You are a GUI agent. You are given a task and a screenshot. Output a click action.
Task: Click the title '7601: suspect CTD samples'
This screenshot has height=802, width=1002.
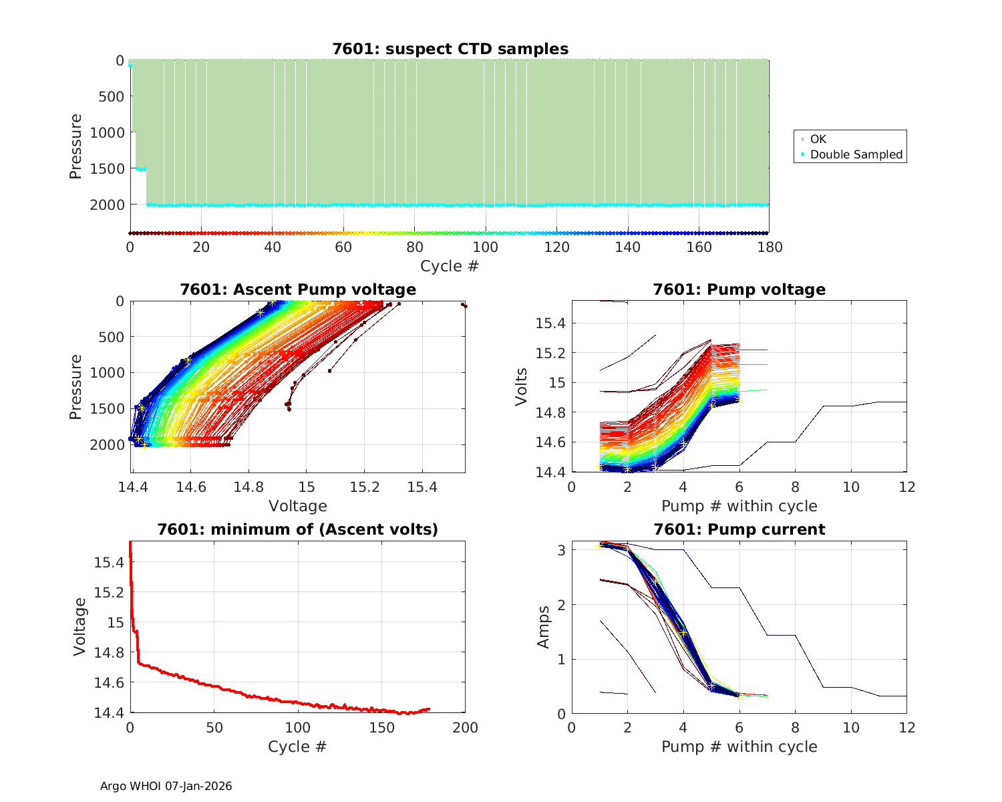point(450,49)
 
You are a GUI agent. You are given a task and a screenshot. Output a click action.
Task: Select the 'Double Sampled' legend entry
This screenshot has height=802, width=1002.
point(856,154)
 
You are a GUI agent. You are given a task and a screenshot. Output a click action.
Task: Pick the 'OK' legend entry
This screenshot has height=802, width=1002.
point(818,139)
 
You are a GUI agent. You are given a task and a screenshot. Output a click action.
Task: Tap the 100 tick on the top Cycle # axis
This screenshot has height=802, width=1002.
point(486,247)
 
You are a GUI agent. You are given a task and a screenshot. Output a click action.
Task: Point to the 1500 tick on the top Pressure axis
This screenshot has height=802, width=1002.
point(107,168)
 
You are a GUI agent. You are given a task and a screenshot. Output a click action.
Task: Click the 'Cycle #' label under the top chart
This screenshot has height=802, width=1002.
point(450,266)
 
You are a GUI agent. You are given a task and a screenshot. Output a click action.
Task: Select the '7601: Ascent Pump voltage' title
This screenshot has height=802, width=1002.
point(298,289)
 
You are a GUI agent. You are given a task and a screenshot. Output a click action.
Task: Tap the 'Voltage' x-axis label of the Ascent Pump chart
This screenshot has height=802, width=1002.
point(298,506)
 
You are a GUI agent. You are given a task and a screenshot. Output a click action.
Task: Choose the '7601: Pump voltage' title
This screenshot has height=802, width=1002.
point(739,289)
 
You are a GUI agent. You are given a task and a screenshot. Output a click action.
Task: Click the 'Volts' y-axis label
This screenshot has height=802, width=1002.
point(522,386)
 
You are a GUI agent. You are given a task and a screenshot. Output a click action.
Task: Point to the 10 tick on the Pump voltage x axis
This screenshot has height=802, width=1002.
point(851,487)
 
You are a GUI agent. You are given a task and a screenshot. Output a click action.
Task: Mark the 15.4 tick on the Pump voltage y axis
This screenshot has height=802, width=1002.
point(550,323)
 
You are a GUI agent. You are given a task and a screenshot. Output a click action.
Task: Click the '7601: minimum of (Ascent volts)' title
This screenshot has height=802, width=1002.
point(298,529)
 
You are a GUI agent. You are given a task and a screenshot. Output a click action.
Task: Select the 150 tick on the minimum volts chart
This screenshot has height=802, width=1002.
point(381,728)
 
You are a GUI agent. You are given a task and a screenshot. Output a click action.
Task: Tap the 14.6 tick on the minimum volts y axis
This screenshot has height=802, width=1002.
point(110,682)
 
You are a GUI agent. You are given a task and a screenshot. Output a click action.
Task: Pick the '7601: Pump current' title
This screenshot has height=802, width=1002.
point(739,529)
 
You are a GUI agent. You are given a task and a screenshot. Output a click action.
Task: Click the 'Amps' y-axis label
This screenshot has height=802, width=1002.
point(544,627)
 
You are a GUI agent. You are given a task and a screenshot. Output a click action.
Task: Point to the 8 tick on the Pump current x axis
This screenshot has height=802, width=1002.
point(795,728)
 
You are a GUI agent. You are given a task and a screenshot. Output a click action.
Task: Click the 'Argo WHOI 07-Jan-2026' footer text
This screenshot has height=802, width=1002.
point(166,786)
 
